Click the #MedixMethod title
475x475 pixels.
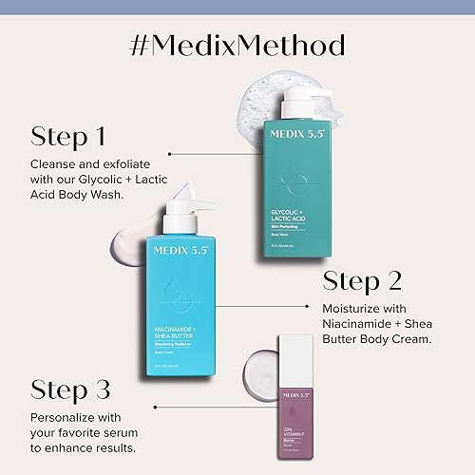[237, 46]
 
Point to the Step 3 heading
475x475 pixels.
[71, 389]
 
